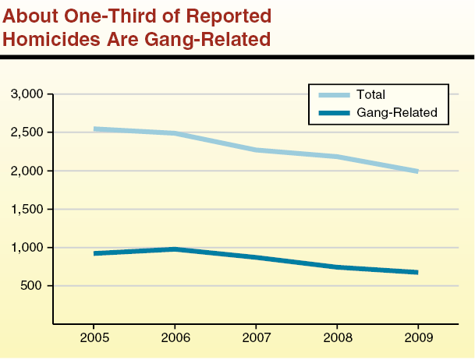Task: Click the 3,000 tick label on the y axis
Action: click(29, 94)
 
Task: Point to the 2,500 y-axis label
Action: click(29, 132)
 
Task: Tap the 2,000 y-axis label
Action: click(29, 171)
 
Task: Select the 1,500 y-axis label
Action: click(29, 209)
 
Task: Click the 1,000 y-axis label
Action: click(29, 248)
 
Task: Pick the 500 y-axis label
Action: click(34, 286)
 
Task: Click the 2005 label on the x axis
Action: click(94, 340)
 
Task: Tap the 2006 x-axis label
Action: click(175, 340)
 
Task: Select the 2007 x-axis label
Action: click(256, 340)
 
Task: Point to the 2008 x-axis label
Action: click(337, 340)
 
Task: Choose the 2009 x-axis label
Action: click(418, 340)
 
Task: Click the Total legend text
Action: click(370, 95)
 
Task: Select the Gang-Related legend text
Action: click(397, 113)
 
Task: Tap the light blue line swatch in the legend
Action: click(335, 95)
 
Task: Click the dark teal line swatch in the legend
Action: click(335, 113)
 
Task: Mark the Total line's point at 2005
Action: click(94, 129)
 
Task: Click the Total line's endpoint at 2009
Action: click(417, 171)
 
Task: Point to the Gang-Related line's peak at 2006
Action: click(175, 249)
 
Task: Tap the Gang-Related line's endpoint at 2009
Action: click(417, 272)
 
